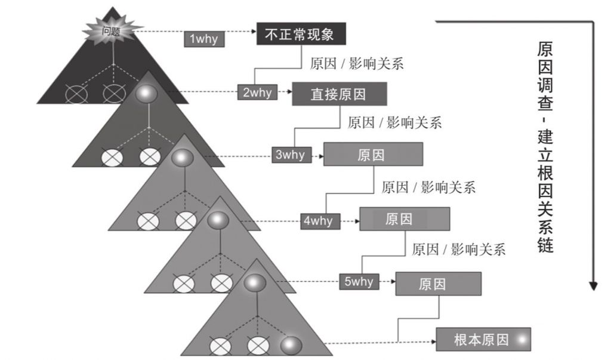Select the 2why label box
pos(257,93)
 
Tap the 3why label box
pos(289,155)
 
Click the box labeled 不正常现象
pos(301,33)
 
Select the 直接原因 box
pos(339,94)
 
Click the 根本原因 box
pos(483,340)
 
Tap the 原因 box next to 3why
pos(373,154)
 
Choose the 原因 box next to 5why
pos(438,284)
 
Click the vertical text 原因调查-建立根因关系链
pos(544,146)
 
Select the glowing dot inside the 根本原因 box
pos(522,340)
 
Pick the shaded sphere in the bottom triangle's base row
pos(291,345)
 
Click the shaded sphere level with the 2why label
pos(146,93)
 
